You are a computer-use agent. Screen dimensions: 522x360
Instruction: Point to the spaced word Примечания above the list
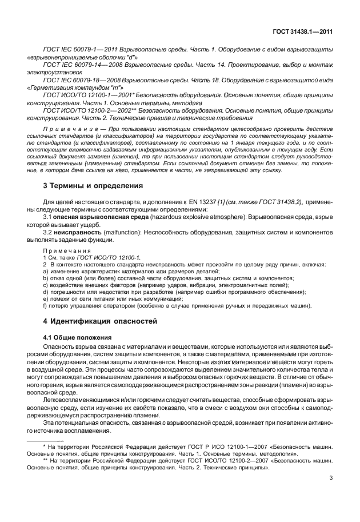(67, 251)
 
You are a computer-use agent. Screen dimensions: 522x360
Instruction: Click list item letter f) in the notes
(46, 306)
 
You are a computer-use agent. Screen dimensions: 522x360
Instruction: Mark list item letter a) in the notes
(46, 272)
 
